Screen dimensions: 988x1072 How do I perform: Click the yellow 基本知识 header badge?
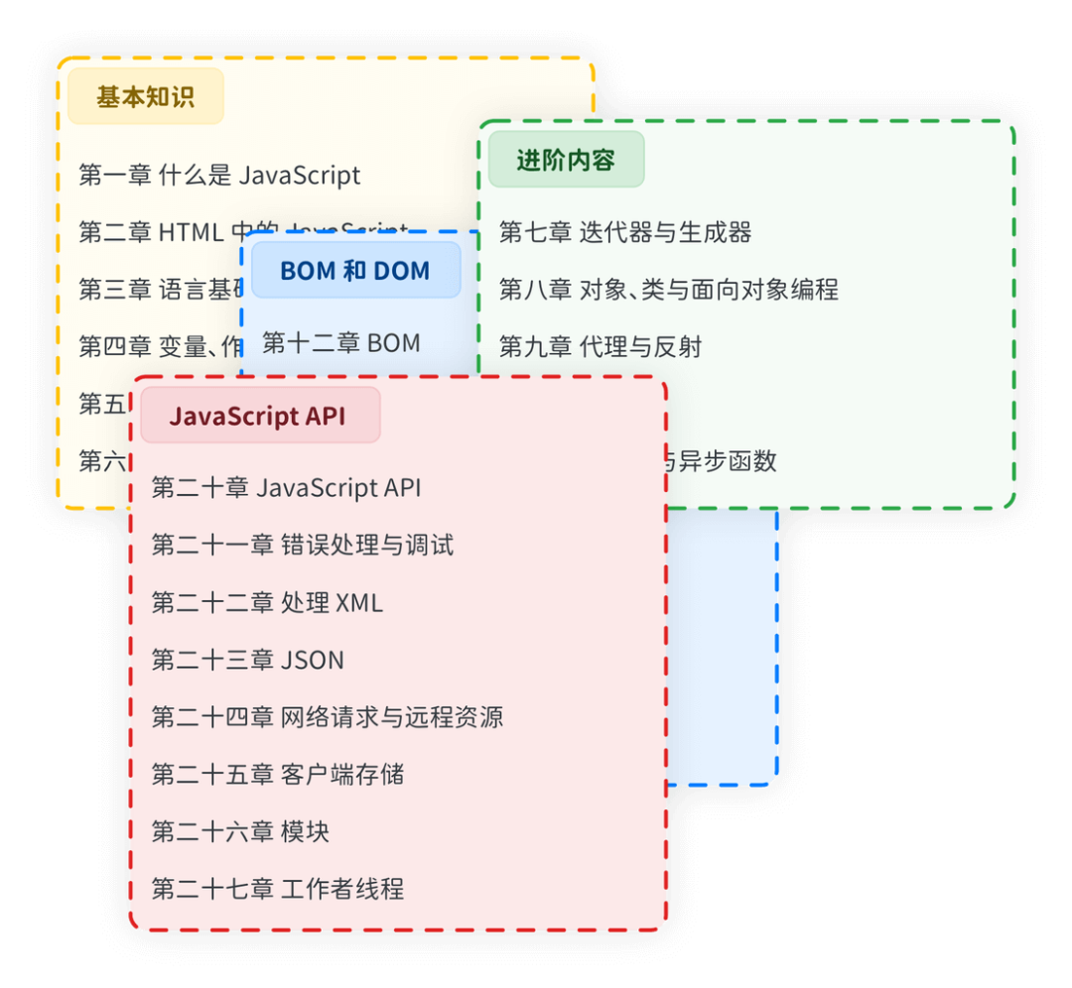[145, 97]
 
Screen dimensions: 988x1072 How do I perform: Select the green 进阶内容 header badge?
[566, 160]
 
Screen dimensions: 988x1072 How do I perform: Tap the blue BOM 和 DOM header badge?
[355, 271]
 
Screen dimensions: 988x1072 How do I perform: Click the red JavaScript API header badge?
[258, 416]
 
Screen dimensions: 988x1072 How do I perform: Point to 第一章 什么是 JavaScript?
[219, 176]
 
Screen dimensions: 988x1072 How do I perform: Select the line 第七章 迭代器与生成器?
[624, 233]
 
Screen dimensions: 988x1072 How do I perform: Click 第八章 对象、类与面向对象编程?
[668, 290]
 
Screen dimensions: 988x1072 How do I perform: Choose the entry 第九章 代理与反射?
[601, 347]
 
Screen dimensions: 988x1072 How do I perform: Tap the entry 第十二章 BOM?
[340, 343]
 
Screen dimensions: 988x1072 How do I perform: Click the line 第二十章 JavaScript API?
[286, 488]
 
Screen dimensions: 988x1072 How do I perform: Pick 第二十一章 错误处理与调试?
[302, 546]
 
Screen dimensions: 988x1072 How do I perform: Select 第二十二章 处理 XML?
[267, 603]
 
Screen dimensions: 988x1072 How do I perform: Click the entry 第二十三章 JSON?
[247, 660]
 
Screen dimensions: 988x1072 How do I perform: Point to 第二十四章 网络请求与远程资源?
[327, 717]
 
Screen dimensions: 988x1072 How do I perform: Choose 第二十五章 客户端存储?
[277, 775]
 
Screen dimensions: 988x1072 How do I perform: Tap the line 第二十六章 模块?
[240, 831]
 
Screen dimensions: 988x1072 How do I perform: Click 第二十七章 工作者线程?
[277, 889]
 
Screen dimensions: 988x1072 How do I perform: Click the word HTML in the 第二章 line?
[192, 233]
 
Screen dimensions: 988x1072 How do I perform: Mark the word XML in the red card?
[359, 603]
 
